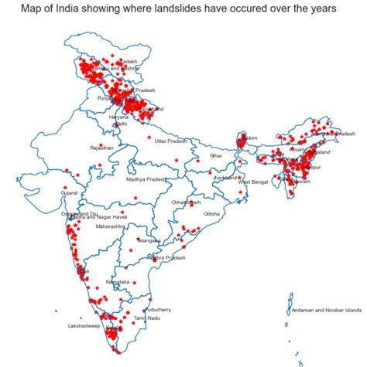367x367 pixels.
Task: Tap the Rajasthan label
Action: click(101, 147)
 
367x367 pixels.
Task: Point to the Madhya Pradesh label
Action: click(146, 179)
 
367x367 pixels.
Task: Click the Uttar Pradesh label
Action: click(172, 142)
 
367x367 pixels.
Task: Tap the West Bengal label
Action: click(252, 182)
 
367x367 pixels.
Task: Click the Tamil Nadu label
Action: click(146, 318)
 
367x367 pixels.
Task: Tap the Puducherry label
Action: click(157, 309)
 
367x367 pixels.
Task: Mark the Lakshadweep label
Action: click(82, 325)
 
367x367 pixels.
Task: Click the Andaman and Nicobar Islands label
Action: click(325, 311)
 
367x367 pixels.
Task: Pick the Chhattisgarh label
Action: click(186, 202)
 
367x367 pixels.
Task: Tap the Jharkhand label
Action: click(225, 178)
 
